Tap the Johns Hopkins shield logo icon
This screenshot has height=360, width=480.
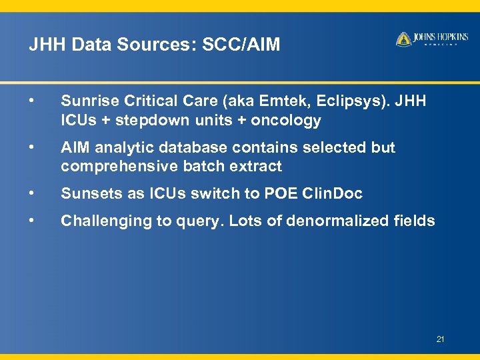pos(403,39)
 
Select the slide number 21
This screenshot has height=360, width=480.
pos(440,339)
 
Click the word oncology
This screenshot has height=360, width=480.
pos(286,121)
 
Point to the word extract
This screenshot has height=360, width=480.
pos(257,166)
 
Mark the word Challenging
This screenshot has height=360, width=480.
pos(100,221)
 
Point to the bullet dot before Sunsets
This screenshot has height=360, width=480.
pos(32,193)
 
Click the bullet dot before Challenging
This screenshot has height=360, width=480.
pos(32,221)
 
